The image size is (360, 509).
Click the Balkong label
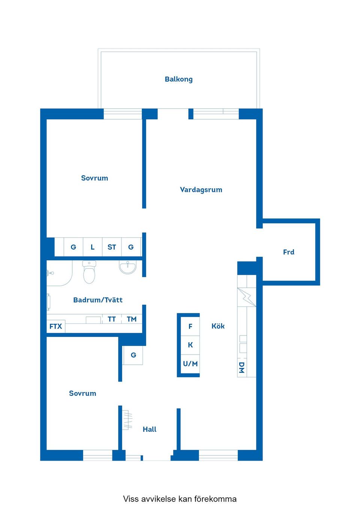[178, 79]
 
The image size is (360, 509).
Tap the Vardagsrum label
[201, 190]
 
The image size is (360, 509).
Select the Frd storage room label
[289, 252]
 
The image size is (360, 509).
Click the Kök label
[218, 326]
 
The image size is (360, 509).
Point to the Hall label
[149, 429]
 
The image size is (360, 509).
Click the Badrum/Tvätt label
[98, 300]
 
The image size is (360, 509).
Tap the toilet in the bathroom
[89, 272]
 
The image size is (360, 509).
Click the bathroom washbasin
[127, 267]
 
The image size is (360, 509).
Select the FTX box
[56, 326]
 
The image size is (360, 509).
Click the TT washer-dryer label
[112, 319]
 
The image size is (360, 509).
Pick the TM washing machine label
[132, 319]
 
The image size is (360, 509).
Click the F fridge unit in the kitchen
[190, 326]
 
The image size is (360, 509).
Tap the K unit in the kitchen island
[190, 345]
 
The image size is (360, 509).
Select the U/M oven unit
[190, 364]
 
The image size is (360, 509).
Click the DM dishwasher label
[242, 368]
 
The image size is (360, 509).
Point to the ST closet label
[112, 247]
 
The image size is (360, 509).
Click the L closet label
[93, 247]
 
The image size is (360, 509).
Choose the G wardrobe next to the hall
[133, 355]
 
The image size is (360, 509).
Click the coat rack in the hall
[127, 420]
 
